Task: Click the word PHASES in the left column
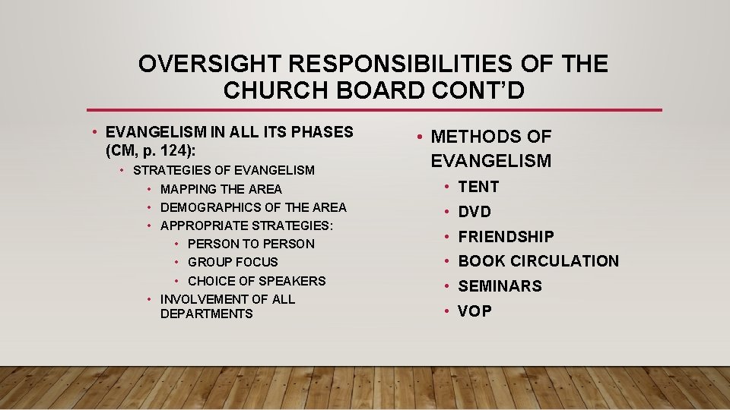tap(323, 132)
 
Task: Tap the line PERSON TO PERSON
tap(251, 244)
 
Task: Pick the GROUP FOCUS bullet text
tap(233, 262)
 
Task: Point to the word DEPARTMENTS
tap(206, 314)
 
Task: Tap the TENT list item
tap(478, 187)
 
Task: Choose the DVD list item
tap(474, 212)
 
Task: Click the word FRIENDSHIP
tap(506, 237)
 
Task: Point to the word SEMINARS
tap(500, 286)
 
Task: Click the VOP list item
tap(474, 311)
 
